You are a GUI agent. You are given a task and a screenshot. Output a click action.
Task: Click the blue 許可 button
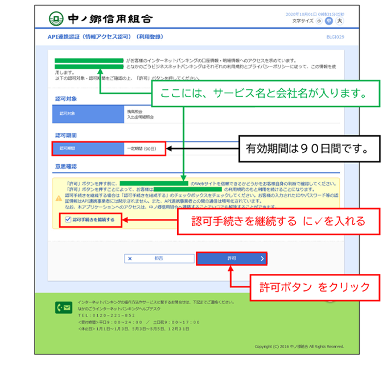[x=232, y=258]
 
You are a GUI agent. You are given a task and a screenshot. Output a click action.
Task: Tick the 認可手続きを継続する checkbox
[x=68, y=219]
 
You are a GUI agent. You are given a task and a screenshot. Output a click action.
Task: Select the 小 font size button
[x=319, y=21]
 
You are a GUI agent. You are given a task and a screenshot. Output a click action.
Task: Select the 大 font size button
[x=340, y=21]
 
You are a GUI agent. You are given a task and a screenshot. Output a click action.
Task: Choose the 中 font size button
[x=329, y=21]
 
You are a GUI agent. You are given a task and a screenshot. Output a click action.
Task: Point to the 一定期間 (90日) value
[x=142, y=148]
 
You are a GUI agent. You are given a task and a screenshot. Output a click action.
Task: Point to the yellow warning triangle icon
[x=59, y=198]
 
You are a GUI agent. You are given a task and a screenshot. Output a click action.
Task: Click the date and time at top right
[x=320, y=14]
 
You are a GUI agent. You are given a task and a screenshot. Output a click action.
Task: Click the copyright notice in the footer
[x=299, y=346]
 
